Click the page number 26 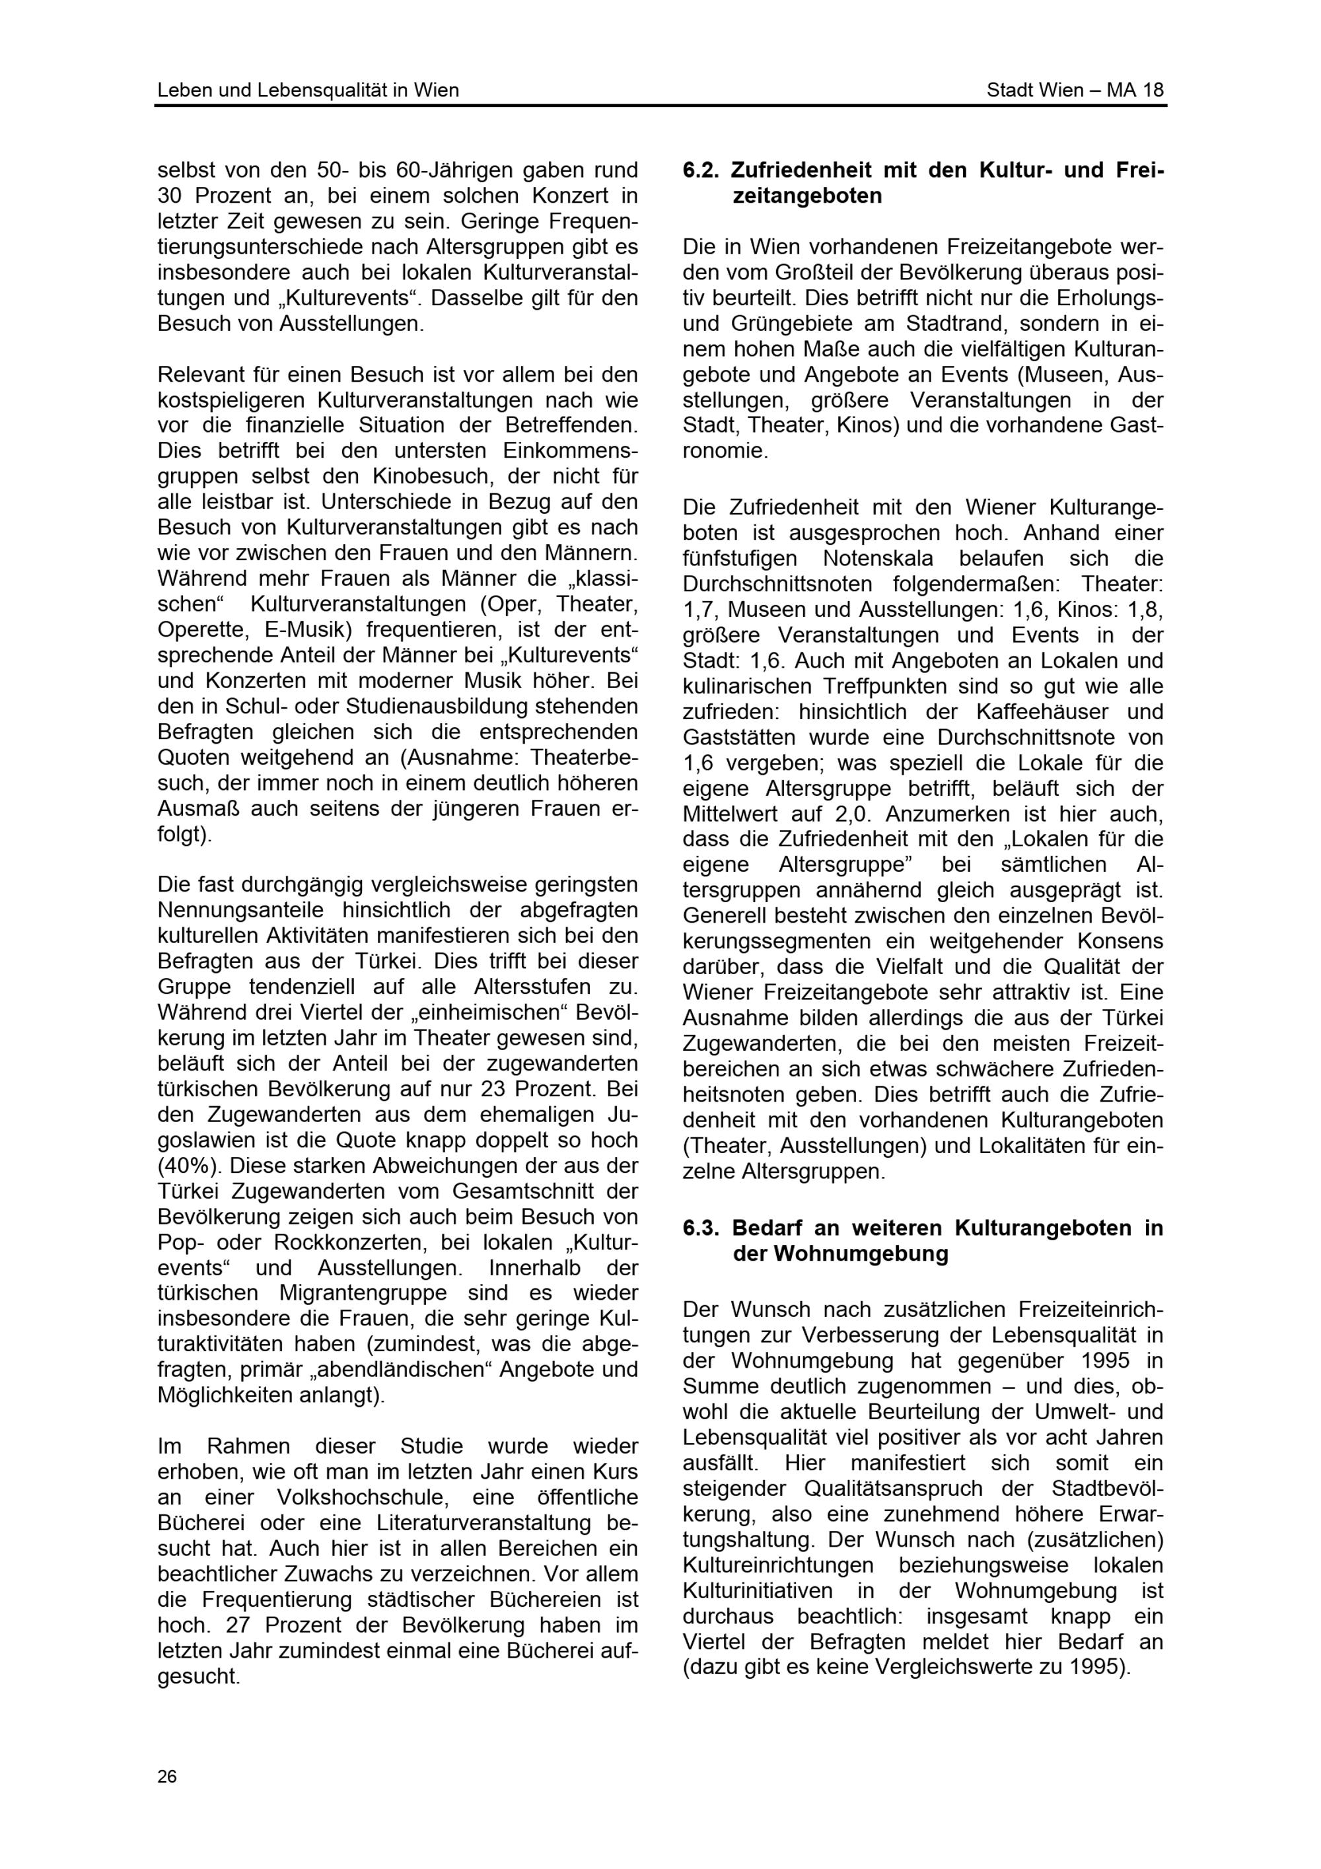167,1776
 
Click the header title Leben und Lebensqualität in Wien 308,90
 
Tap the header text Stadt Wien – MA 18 1075,90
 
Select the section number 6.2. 699,171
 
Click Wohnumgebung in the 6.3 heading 840,1253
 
